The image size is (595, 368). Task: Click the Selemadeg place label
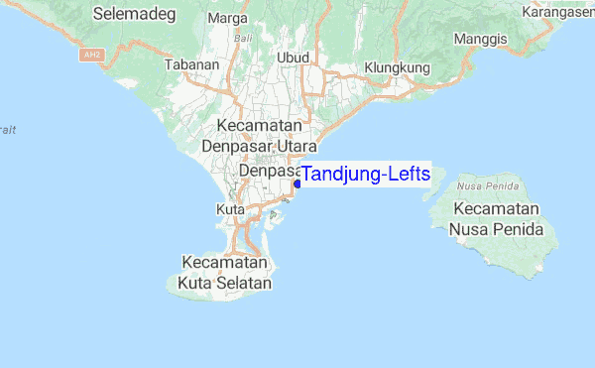click(x=141, y=14)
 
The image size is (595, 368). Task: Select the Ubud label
click(x=293, y=58)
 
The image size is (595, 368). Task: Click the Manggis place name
click(x=480, y=39)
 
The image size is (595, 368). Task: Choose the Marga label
click(x=229, y=18)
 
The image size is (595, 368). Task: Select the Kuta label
click(x=229, y=209)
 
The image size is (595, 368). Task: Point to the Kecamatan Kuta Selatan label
click(x=224, y=273)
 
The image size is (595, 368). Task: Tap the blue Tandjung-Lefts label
click(x=366, y=175)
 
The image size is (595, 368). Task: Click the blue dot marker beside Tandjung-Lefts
click(x=297, y=184)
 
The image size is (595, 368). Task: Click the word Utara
click(x=294, y=146)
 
